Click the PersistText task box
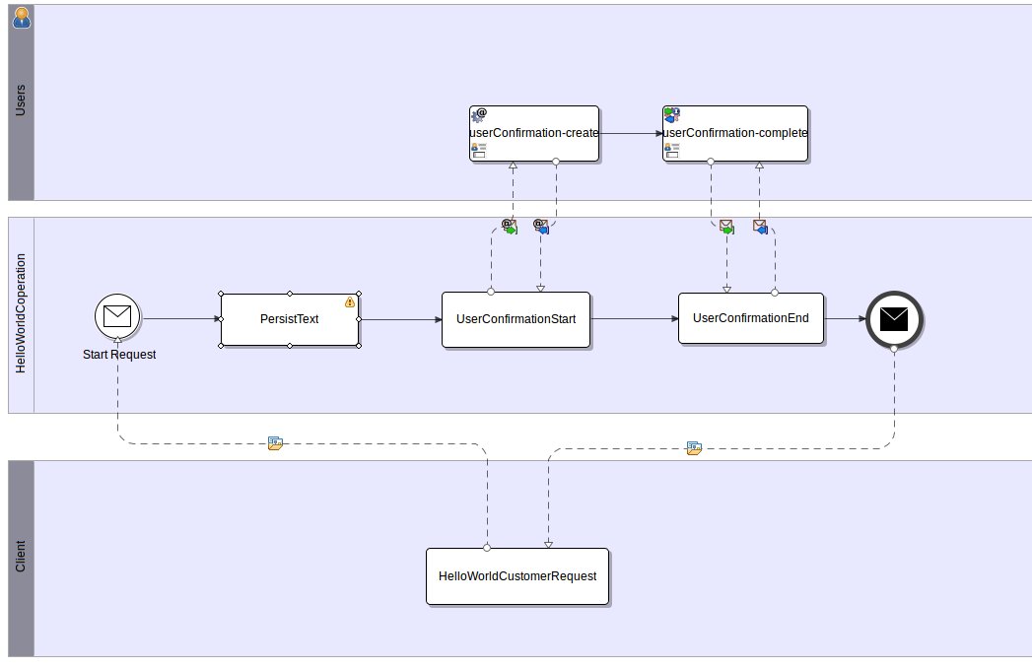click(x=289, y=319)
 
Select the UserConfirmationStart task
click(x=516, y=319)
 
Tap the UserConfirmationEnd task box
click(x=750, y=318)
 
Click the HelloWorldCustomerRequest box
click(x=516, y=575)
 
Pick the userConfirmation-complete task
click(x=735, y=133)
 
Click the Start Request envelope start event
click(x=117, y=316)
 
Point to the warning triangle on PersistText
click(x=349, y=302)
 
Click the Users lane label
click(x=21, y=101)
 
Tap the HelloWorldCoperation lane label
click(x=21, y=315)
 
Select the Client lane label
click(x=21, y=558)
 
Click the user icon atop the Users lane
click(x=21, y=15)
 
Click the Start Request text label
click(x=118, y=354)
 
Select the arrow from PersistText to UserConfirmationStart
click(x=399, y=319)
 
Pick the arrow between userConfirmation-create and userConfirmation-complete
click(x=631, y=133)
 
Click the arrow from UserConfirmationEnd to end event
click(x=844, y=318)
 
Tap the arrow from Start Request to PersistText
click(x=179, y=318)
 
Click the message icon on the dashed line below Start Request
click(x=276, y=444)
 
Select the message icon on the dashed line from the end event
click(x=694, y=448)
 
